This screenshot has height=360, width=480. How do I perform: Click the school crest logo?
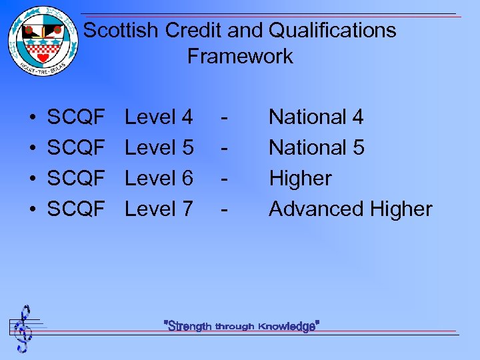coord(43,41)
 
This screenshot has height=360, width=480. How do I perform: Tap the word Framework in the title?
coord(240,57)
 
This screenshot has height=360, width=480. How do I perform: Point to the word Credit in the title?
coord(190,31)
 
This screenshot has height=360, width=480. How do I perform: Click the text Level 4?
coord(159,117)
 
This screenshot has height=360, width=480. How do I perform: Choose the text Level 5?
coord(159,148)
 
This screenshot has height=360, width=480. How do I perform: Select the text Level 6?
coord(159,179)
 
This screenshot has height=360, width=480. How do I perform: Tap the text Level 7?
coord(159,209)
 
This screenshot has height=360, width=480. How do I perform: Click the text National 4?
coord(316,117)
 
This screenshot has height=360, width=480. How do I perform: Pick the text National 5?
coord(316,148)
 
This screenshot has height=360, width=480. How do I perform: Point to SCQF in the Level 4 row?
coord(76,117)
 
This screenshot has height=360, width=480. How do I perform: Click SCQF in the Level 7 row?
coord(76,209)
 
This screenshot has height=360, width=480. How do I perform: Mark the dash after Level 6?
coord(226,179)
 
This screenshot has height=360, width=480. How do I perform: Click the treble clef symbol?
coord(25,328)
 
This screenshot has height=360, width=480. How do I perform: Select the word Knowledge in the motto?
coord(287,326)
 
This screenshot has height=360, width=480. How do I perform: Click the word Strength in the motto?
coord(190,326)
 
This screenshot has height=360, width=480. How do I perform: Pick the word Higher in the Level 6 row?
coord(300,179)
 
